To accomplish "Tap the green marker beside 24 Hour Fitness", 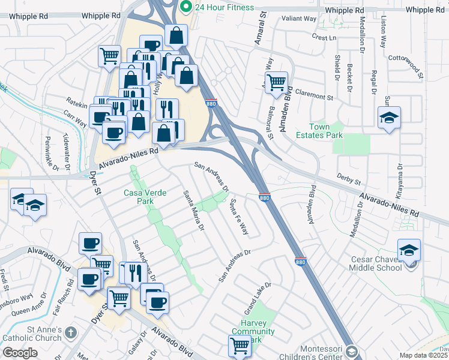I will click(186, 7).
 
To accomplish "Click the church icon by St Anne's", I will click(71, 332).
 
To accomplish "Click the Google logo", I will click(20, 353).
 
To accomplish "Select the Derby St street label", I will click(348, 179).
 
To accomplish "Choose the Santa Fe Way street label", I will click(238, 217).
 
